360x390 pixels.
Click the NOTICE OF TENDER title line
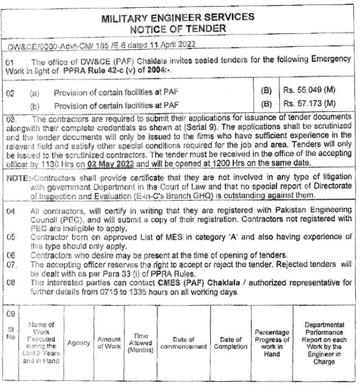coord(178,28)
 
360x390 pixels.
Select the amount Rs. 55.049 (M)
coord(310,91)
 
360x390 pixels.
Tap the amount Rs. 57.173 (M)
coord(310,104)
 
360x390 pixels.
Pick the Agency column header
coord(78,343)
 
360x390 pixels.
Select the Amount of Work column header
coord(109,343)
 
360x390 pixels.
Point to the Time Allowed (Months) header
coord(140,343)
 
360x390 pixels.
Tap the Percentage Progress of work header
coord(272,343)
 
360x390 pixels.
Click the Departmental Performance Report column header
coord(324,343)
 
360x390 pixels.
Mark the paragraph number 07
coord(12,264)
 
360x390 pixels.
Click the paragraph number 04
coord(11,211)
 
